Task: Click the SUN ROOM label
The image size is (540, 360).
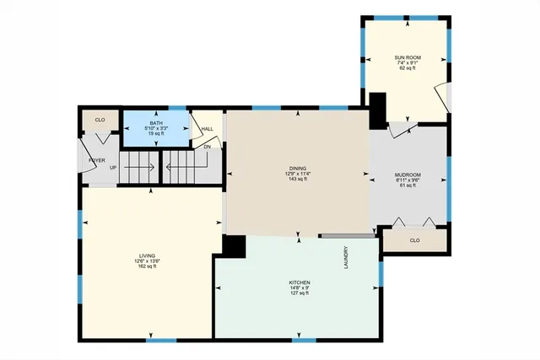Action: (406, 56)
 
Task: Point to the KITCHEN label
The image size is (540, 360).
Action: (300, 282)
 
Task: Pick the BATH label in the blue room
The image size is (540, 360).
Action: (156, 123)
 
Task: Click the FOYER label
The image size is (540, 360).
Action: (98, 159)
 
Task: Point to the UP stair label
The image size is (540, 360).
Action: (113, 167)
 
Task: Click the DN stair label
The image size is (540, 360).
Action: (208, 146)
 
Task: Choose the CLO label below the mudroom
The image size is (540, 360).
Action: (414, 240)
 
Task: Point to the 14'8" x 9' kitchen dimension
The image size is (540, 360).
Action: (300, 287)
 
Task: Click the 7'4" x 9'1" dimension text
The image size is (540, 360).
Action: (406, 62)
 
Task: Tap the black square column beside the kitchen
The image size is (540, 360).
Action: (234, 245)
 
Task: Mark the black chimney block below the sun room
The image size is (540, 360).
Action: (378, 109)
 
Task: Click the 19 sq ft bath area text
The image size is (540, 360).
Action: (156, 134)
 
